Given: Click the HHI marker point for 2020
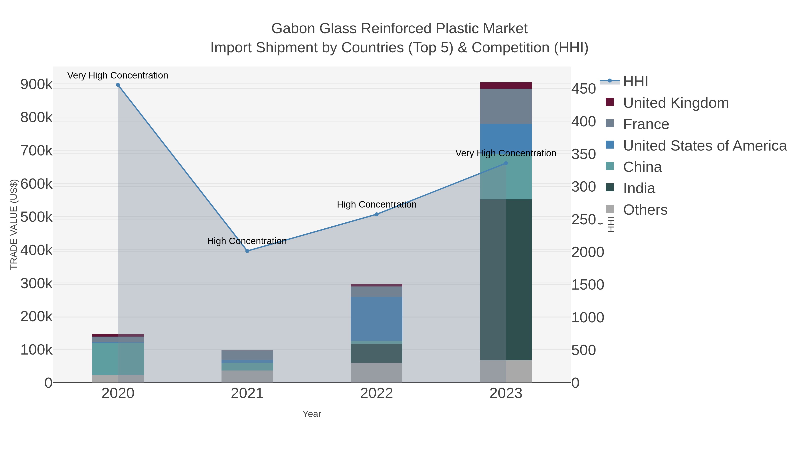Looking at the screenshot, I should pyautogui.click(x=118, y=85).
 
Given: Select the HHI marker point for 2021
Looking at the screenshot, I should pyautogui.click(x=247, y=251).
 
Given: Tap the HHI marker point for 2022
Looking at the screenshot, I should pyautogui.click(x=377, y=214).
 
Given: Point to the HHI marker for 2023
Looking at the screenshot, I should pyautogui.click(x=506, y=163).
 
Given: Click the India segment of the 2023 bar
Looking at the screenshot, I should pyautogui.click(x=506, y=279).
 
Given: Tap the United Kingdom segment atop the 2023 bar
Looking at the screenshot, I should pyautogui.click(x=506, y=86).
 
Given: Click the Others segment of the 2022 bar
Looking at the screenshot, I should pyautogui.click(x=377, y=373).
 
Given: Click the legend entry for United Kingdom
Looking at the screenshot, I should pyautogui.click(x=676, y=103).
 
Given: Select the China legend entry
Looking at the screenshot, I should pyautogui.click(x=642, y=167).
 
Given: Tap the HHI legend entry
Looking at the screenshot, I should pyautogui.click(x=635, y=82).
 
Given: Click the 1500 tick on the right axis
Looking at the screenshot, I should pyautogui.click(x=587, y=285).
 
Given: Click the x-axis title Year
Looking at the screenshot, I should pyautogui.click(x=312, y=414).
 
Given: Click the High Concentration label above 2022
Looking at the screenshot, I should pyautogui.click(x=377, y=204).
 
